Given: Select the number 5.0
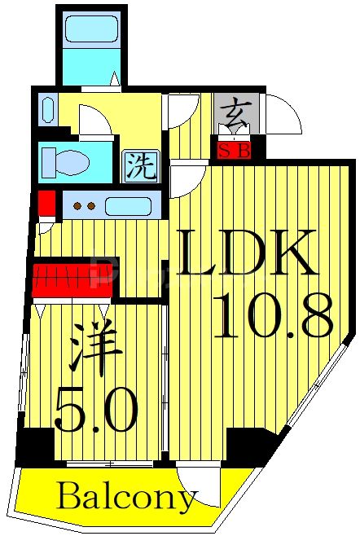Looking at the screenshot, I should tap(95, 411).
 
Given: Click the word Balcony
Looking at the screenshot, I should tap(127, 495).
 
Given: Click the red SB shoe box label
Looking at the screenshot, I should tap(234, 150).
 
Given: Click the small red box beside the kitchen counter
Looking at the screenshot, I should tap(46, 202).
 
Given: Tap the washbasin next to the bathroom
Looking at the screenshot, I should tap(47, 109).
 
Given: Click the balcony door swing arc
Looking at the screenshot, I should tap(200, 486).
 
